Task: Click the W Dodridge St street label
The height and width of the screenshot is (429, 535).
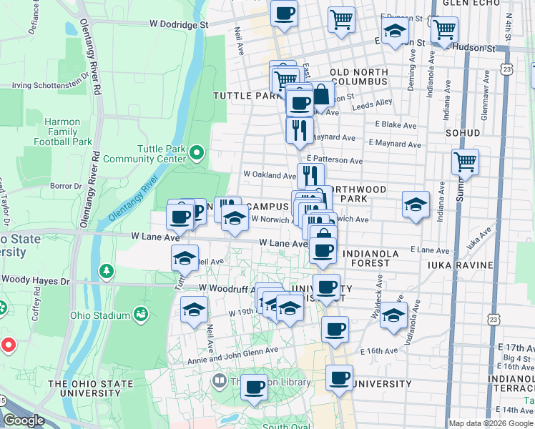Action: (x=179, y=24)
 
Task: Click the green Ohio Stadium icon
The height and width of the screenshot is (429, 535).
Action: (x=141, y=315)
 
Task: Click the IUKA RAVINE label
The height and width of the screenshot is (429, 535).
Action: (x=461, y=265)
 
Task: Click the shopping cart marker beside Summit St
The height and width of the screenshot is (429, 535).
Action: (x=465, y=162)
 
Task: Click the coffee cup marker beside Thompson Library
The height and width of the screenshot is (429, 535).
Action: (x=253, y=387)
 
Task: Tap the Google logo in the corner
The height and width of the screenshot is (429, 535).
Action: (x=24, y=420)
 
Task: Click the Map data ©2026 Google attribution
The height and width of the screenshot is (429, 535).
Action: (x=491, y=423)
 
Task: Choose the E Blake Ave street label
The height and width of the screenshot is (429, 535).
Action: (x=395, y=125)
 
